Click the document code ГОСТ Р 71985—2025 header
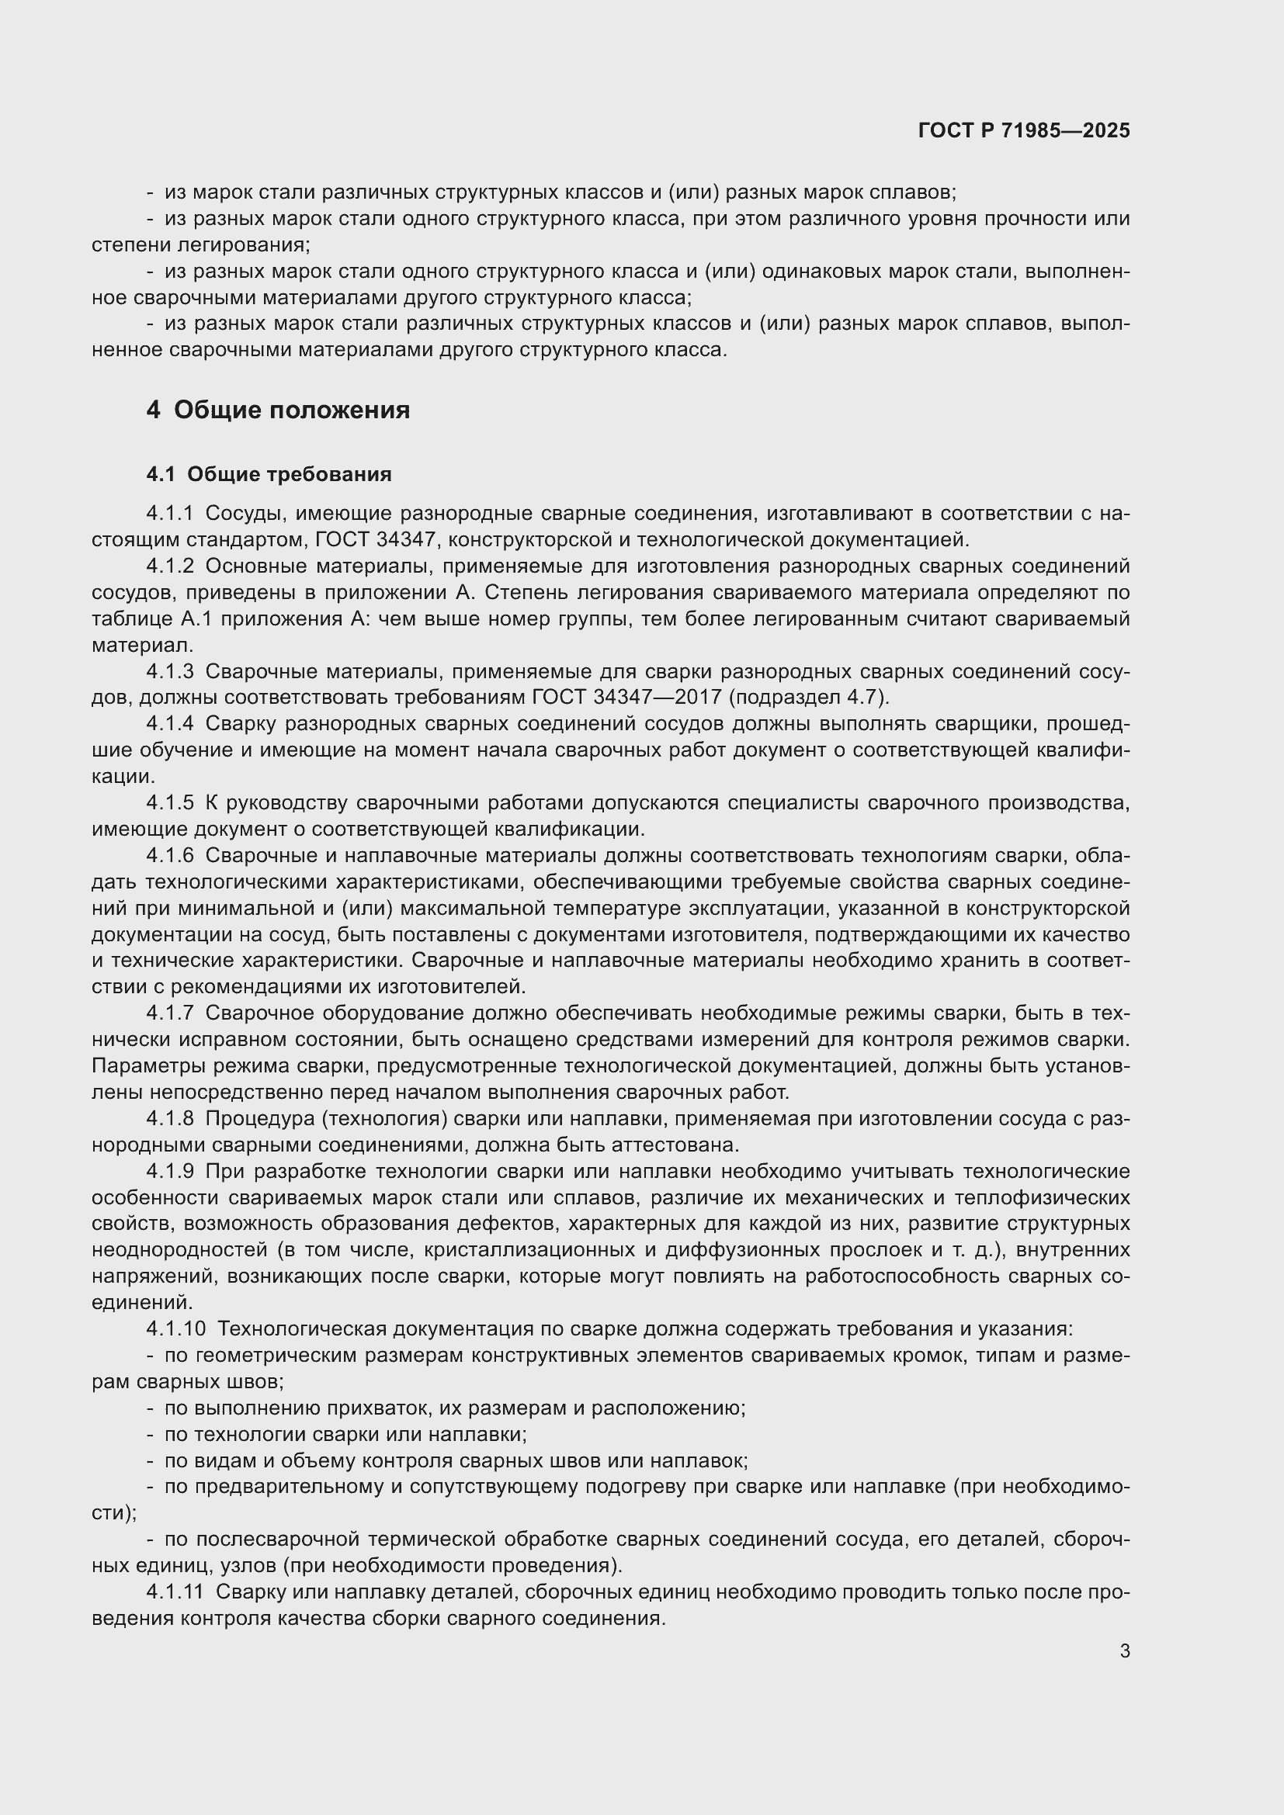tap(1024, 130)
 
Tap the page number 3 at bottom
tap(1124, 1650)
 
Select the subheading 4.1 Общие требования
tap(269, 474)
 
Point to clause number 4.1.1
tap(169, 514)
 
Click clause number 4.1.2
tap(169, 566)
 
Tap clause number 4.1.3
tap(169, 671)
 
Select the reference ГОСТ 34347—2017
tap(627, 698)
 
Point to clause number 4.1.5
tap(169, 802)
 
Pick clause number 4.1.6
tap(169, 855)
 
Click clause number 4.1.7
tap(169, 1013)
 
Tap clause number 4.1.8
tap(169, 1119)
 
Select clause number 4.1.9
tap(169, 1171)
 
